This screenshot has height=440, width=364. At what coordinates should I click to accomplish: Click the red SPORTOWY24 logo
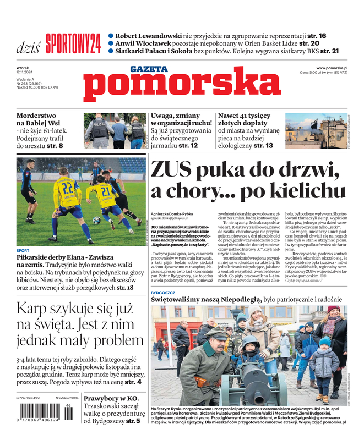[x=73, y=43]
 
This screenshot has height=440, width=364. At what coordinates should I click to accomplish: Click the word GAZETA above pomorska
[x=149, y=69]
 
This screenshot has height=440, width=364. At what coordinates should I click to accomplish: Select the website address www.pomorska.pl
[x=335, y=68]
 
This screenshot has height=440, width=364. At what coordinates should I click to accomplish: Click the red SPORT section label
[x=23, y=250]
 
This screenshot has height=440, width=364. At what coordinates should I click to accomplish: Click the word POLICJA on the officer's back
[x=99, y=126]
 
